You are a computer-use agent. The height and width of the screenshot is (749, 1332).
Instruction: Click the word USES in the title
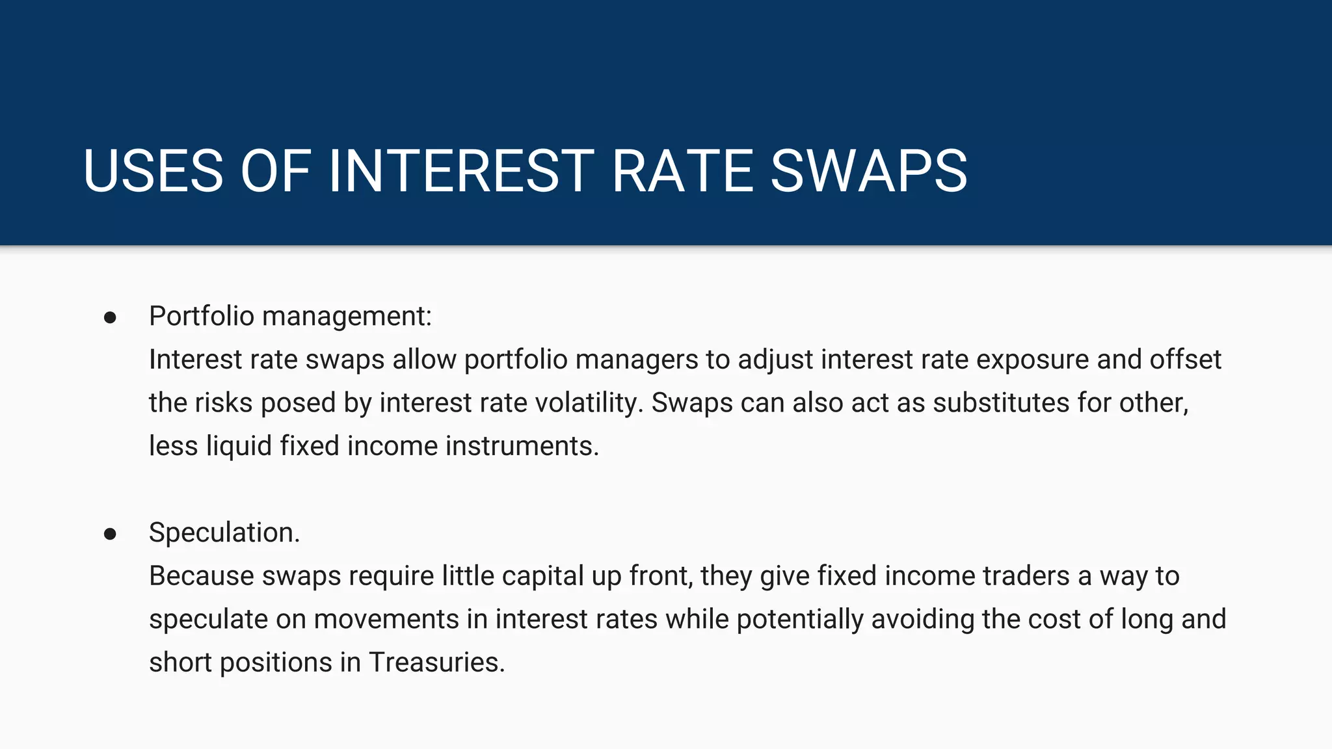point(153,171)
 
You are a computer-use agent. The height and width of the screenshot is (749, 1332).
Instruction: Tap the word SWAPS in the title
point(869,171)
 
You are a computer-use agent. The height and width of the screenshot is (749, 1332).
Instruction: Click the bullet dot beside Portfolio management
point(110,317)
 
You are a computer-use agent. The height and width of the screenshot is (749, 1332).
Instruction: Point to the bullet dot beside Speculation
point(110,534)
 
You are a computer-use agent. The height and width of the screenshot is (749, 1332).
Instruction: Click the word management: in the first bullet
point(347,317)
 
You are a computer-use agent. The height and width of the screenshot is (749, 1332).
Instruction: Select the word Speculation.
point(224,532)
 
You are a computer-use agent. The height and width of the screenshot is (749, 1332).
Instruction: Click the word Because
point(202,576)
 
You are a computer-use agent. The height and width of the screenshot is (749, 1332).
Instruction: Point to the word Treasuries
point(436,663)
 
